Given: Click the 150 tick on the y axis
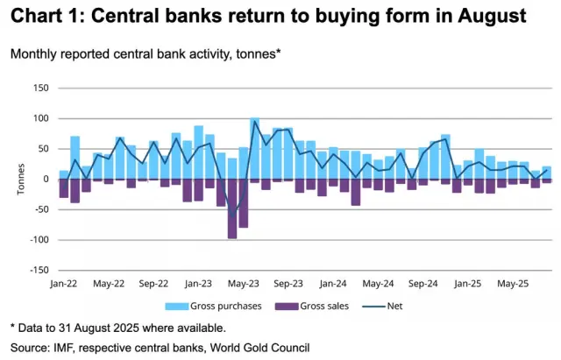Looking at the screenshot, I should [39, 88].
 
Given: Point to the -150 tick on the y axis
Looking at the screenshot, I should [38, 270].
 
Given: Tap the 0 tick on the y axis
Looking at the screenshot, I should [45, 179].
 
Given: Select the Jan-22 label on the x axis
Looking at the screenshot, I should [64, 284].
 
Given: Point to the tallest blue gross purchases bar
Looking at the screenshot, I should [254, 147].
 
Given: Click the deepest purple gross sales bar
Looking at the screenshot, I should [232, 208].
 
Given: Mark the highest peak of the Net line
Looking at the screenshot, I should [254, 122].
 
